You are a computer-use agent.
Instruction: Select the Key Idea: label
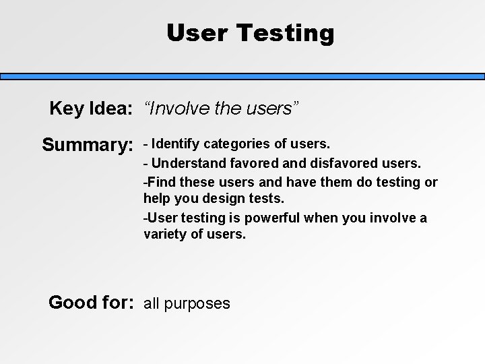pos(90,109)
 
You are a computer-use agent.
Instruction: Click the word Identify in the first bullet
pos(178,144)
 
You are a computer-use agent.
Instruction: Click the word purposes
pos(198,303)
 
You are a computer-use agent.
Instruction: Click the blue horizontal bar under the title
pos(243,77)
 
